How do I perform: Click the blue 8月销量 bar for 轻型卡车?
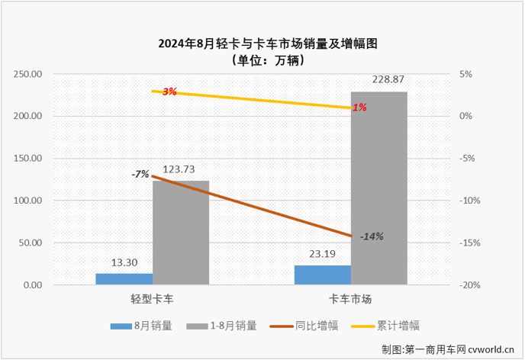coord(124,279)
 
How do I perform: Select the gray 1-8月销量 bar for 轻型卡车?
coord(180,233)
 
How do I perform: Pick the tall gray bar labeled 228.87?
coord(379,188)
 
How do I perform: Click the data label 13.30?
coord(124,263)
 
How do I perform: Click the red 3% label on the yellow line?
coord(169,92)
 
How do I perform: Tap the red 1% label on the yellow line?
coord(359,108)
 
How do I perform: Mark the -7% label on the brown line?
coord(140,174)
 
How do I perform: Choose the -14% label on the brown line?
coord(371,236)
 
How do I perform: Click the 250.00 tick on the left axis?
coord(27,75)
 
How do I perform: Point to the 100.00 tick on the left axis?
coord(27,201)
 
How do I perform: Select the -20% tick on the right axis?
coord(469,285)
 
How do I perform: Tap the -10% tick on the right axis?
coord(469,201)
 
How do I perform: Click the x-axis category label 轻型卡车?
coord(152,300)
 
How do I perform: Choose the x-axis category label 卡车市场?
coord(351,300)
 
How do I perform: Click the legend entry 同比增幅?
coord(298,326)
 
